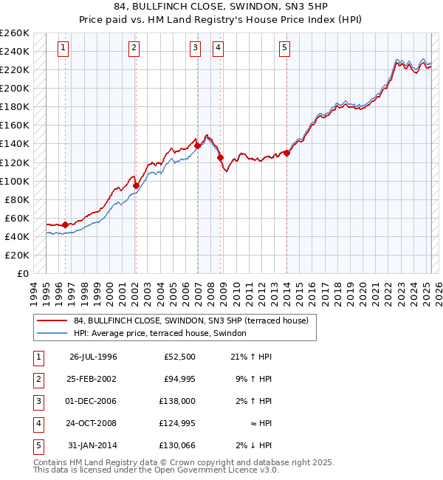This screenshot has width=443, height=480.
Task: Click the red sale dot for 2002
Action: click(x=136, y=185)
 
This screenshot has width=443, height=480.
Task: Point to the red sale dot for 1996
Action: click(x=66, y=224)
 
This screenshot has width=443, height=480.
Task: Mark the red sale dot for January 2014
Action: click(x=286, y=153)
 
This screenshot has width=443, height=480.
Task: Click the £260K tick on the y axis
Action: click(x=15, y=33)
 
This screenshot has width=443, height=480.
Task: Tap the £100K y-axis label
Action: click(x=15, y=181)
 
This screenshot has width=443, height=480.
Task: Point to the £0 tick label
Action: click(x=22, y=273)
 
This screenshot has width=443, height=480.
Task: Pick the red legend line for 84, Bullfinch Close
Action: click(x=52, y=320)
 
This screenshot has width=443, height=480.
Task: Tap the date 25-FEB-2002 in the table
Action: click(x=93, y=379)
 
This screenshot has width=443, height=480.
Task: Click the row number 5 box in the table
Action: click(x=37, y=445)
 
